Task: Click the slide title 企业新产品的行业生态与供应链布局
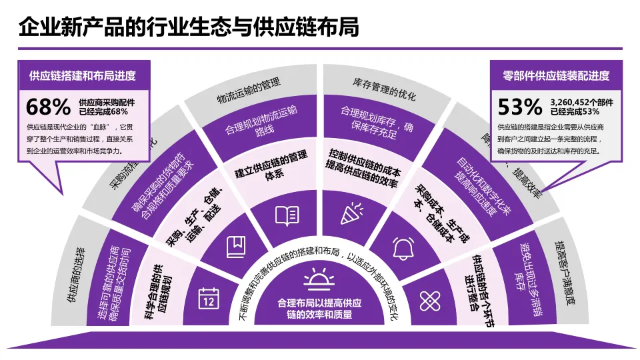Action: point(189,27)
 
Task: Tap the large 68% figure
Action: point(48,107)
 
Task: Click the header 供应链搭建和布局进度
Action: point(82,75)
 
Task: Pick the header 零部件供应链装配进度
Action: point(556,75)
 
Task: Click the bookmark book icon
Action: point(236,247)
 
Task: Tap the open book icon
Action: point(287,215)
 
